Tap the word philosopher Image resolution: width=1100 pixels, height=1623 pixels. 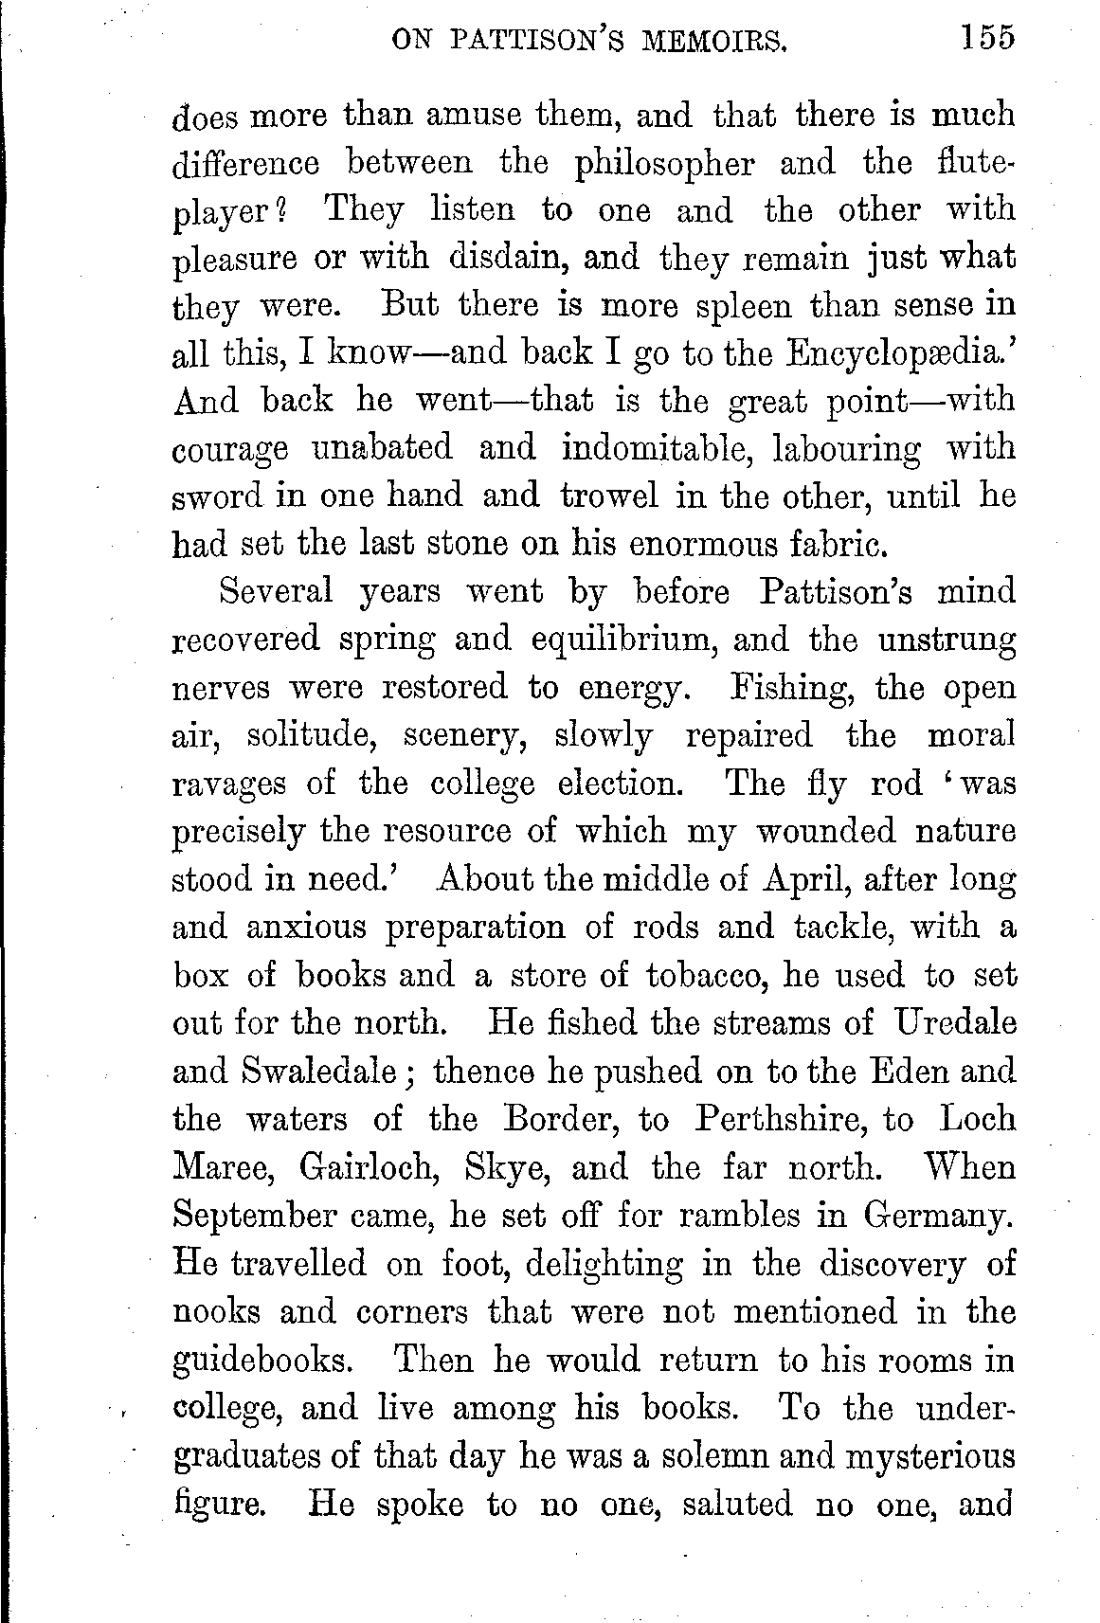coord(665,164)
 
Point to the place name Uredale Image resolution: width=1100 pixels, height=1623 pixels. coord(955,1022)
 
